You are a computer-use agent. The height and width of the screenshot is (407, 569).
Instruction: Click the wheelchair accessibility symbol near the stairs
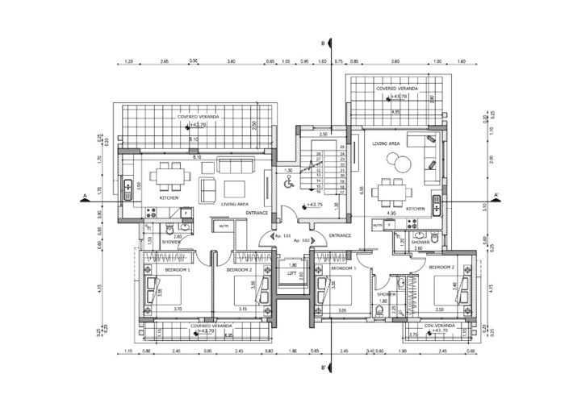pyautogui.click(x=288, y=183)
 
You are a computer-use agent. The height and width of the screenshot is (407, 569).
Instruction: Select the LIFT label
pyautogui.click(x=292, y=272)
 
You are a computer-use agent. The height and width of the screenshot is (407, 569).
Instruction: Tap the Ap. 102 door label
pyautogui.click(x=302, y=241)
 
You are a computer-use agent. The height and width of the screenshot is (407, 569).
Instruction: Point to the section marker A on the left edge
pyautogui.click(x=84, y=195)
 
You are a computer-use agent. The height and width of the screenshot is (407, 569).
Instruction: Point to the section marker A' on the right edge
pyautogui.click(x=496, y=195)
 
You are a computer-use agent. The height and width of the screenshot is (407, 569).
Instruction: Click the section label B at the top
pyautogui.click(x=324, y=43)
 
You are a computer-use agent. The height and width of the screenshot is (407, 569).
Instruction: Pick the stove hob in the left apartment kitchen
pyautogui.click(x=149, y=213)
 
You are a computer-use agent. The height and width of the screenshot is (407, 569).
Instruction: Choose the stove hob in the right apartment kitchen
pyautogui.click(x=435, y=225)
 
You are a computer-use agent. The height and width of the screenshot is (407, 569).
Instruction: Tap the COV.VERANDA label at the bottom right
pyautogui.click(x=439, y=326)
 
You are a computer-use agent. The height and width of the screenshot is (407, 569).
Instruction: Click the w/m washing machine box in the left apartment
pyautogui.click(x=224, y=226)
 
